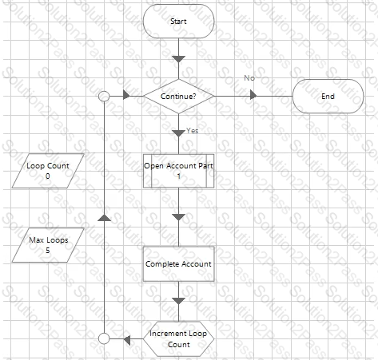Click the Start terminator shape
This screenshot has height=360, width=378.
[178, 22]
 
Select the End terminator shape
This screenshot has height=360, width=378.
[328, 97]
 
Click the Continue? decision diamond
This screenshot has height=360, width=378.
[178, 97]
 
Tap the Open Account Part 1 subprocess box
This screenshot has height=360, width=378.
[178, 171]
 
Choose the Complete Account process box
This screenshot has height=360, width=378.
[178, 264]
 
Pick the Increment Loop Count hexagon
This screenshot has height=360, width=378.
[178, 339]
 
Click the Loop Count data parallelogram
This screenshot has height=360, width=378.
[48, 171]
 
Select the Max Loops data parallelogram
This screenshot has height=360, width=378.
[48, 245]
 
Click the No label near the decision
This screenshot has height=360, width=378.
[249, 78]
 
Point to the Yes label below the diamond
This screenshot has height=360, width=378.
[192, 131]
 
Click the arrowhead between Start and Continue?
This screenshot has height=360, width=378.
[178, 59]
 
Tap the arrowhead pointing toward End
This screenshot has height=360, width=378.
[253, 95]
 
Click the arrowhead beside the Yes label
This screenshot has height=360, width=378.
[178, 133]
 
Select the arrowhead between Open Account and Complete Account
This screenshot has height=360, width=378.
[178, 217]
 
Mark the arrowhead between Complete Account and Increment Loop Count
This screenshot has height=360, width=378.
[178, 301]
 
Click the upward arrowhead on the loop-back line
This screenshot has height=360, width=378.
[104, 218]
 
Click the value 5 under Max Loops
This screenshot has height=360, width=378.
[48, 251]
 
